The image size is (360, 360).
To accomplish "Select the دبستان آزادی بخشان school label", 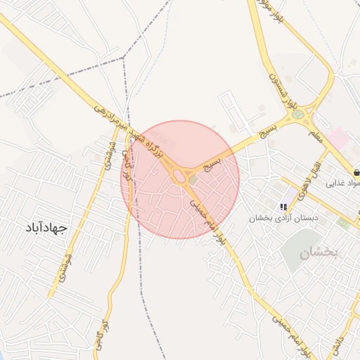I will tap(283, 218).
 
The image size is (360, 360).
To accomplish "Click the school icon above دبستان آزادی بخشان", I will tap(283, 207).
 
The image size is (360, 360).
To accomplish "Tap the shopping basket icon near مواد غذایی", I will tap(357, 172).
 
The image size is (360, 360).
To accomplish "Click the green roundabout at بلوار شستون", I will tap(298, 114).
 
